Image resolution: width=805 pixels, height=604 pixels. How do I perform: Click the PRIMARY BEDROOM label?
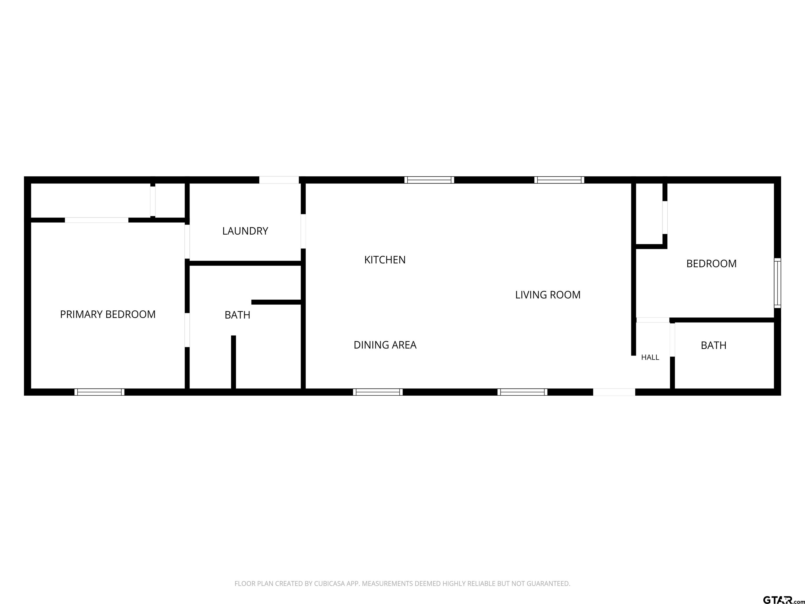108,314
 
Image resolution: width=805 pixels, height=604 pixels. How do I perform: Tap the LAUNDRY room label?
245,231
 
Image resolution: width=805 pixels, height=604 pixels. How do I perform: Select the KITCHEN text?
385,260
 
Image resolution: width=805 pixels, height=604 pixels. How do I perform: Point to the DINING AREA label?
385,345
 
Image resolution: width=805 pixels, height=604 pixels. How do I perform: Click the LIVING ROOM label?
548,295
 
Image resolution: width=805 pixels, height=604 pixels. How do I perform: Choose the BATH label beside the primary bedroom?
237,315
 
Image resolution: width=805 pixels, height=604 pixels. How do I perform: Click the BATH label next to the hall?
714,345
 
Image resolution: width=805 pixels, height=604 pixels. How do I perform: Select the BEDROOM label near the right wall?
711,263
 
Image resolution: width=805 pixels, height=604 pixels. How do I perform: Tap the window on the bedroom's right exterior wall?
777,283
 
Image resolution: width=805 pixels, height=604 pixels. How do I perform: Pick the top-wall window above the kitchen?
429,180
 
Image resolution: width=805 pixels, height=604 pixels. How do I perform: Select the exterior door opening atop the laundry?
279,180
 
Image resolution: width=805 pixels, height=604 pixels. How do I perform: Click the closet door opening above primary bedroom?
96,220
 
